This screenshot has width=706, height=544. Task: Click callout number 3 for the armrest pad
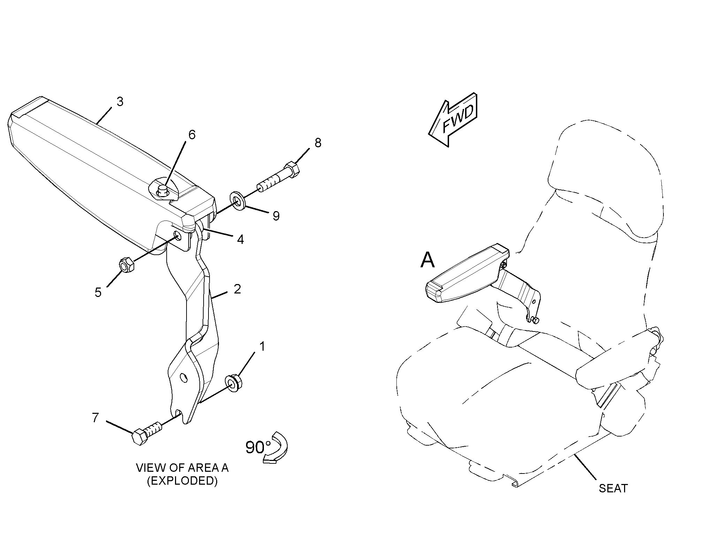pyautogui.click(x=120, y=102)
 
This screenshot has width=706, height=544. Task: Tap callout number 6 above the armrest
pyautogui.click(x=192, y=135)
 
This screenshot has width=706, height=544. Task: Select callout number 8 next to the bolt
pyautogui.click(x=318, y=143)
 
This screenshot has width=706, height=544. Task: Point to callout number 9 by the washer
pyautogui.click(x=276, y=216)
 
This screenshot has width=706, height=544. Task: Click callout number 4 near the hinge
pyautogui.click(x=240, y=239)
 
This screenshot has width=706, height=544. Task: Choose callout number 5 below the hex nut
pyautogui.click(x=98, y=292)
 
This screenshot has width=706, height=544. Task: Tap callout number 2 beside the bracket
pyautogui.click(x=237, y=289)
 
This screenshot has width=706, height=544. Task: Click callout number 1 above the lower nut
pyautogui.click(x=262, y=346)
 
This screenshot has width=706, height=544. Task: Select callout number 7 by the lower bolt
pyautogui.click(x=96, y=417)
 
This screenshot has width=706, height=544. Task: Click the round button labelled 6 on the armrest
pyautogui.click(x=162, y=190)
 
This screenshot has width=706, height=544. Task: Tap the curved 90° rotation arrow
pyautogui.click(x=278, y=448)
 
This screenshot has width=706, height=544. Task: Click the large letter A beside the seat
pyautogui.click(x=428, y=260)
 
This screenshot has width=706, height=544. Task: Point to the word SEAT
pyautogui.click(x=613, y=488)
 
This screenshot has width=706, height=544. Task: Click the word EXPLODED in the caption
pyautogui.click(x=182, y=481)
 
